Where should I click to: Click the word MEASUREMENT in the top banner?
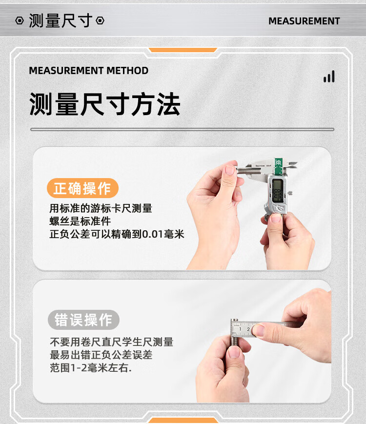click(x=304, y=21)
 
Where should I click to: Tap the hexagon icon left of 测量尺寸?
click(x=20, y=20)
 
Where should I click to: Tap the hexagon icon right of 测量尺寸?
click(x=100, y=20)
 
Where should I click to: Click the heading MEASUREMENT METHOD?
click(x=88, y=71)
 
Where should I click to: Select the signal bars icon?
click(x=329, y=77)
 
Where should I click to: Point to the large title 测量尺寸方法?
click(x=105, y=104)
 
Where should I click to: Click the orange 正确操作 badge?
click(x=82, y=188)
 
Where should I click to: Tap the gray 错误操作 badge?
click(x=83, y=320)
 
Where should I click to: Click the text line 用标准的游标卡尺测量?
click(x=101, y=208)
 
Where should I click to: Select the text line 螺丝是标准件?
click(x=80, y=221)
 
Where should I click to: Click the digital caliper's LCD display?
click(x=277, y=190)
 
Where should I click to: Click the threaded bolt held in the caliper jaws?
click(x=249, y=170)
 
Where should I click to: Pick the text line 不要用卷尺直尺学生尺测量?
click(x=111, y=342)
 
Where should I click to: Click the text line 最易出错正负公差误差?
click(x=101, y=355)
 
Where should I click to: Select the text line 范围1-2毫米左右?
click(x=91, y=368)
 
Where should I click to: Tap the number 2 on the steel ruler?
click(x=248, y=329)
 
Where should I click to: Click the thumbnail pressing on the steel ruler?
click(x=258, y=330)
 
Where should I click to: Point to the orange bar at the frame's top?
click(x=183, y=50)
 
